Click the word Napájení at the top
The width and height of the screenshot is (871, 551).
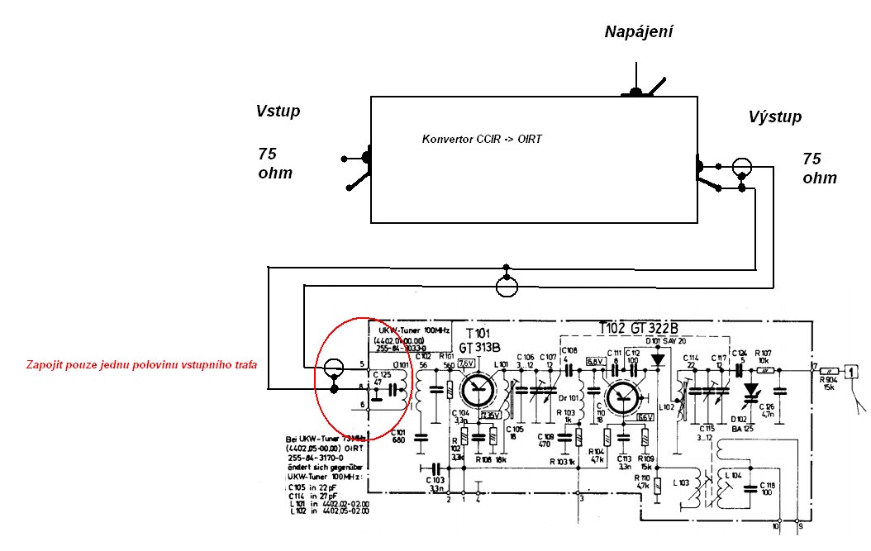(x=639, y=32)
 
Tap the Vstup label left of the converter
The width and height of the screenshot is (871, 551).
(x=278, y=112)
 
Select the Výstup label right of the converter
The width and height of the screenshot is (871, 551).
(x=774, y=117)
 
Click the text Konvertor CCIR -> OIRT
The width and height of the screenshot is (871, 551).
(x=481, y=139)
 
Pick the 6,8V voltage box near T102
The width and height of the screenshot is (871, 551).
(x=595, y=362)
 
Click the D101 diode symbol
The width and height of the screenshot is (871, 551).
(x=658, y=360)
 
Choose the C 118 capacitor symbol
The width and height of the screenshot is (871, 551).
(x=755, y=486)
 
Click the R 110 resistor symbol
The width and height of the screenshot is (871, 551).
(x=657, y=487)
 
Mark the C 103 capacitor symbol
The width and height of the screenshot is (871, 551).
(x=429, y=468)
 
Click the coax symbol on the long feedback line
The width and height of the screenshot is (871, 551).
(x=507, y=285)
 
